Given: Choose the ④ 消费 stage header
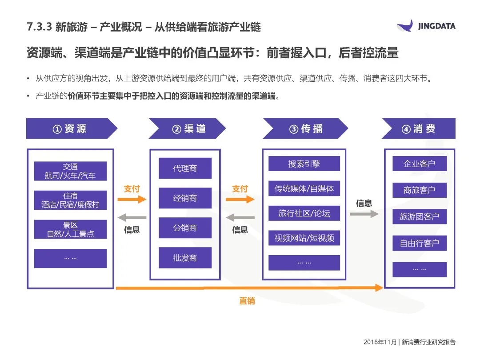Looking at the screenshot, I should pyautogui.click(x=418, y=129).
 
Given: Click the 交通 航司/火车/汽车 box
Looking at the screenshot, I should pyautogui.click(x=70, y=171).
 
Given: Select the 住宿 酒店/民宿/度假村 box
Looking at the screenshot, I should pyautogui.click(x=70, y=200).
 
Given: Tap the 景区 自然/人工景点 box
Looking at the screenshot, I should pyautogui.click(x=70, y=229).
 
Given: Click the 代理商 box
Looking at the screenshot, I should pyautogui.click(x=185, y=168).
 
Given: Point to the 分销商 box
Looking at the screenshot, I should pyautogui.click(x=185, y=228).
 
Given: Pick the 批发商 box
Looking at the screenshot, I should pyautogui.click(x=185, y=258).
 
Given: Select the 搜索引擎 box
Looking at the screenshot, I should pyautogui.click(x=304, y=164).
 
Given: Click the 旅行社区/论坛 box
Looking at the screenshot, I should pyautogui.click(x=304, y=213).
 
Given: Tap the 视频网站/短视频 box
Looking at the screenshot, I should pyautogui.click(x=304, y=238).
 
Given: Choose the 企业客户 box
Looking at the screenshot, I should pyautogui.click(x=419, y=164).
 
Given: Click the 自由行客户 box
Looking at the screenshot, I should pyautogui.click(x=419, y=243).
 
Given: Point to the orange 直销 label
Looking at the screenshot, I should pyautogui.click(x=247, y=301).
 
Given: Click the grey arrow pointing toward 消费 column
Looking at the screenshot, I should pyautogui.click(x=364, y=214).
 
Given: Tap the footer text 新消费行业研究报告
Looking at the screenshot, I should pyautogui.click(x=428, y=342).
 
